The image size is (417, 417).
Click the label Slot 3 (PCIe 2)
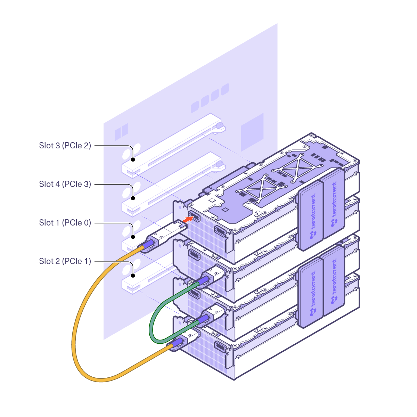(x=65, y=145)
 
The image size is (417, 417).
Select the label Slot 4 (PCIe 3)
(x=65, y=184)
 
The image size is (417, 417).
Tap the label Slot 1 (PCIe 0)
(x=65, y=222)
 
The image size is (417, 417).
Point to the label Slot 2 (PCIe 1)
(x=65, y=261)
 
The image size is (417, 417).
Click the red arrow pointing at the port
(x=188, y=219)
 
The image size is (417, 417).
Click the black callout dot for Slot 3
(x=133, y=160)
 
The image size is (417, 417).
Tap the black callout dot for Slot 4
(x=133, y=198)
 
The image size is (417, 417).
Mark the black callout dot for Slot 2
(x=133, y=276)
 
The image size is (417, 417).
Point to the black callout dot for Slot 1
(x=133, y=237)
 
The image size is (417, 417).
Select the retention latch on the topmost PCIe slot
(x=219, y=126)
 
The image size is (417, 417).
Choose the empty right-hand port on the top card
(x=220, y=231)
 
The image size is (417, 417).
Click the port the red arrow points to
(x=194, y=216)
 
